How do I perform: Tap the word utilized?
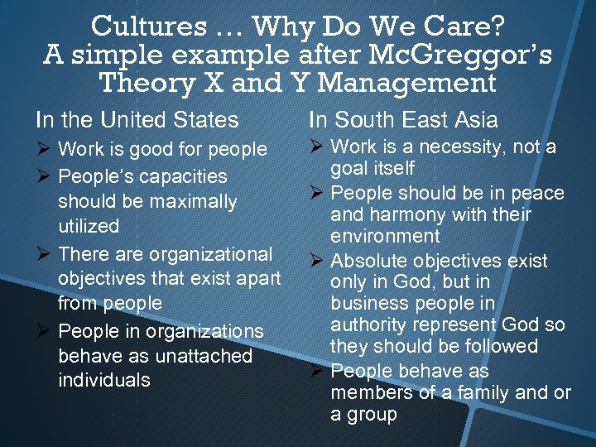89,226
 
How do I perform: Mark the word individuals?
104,381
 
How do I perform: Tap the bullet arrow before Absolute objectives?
316,261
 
